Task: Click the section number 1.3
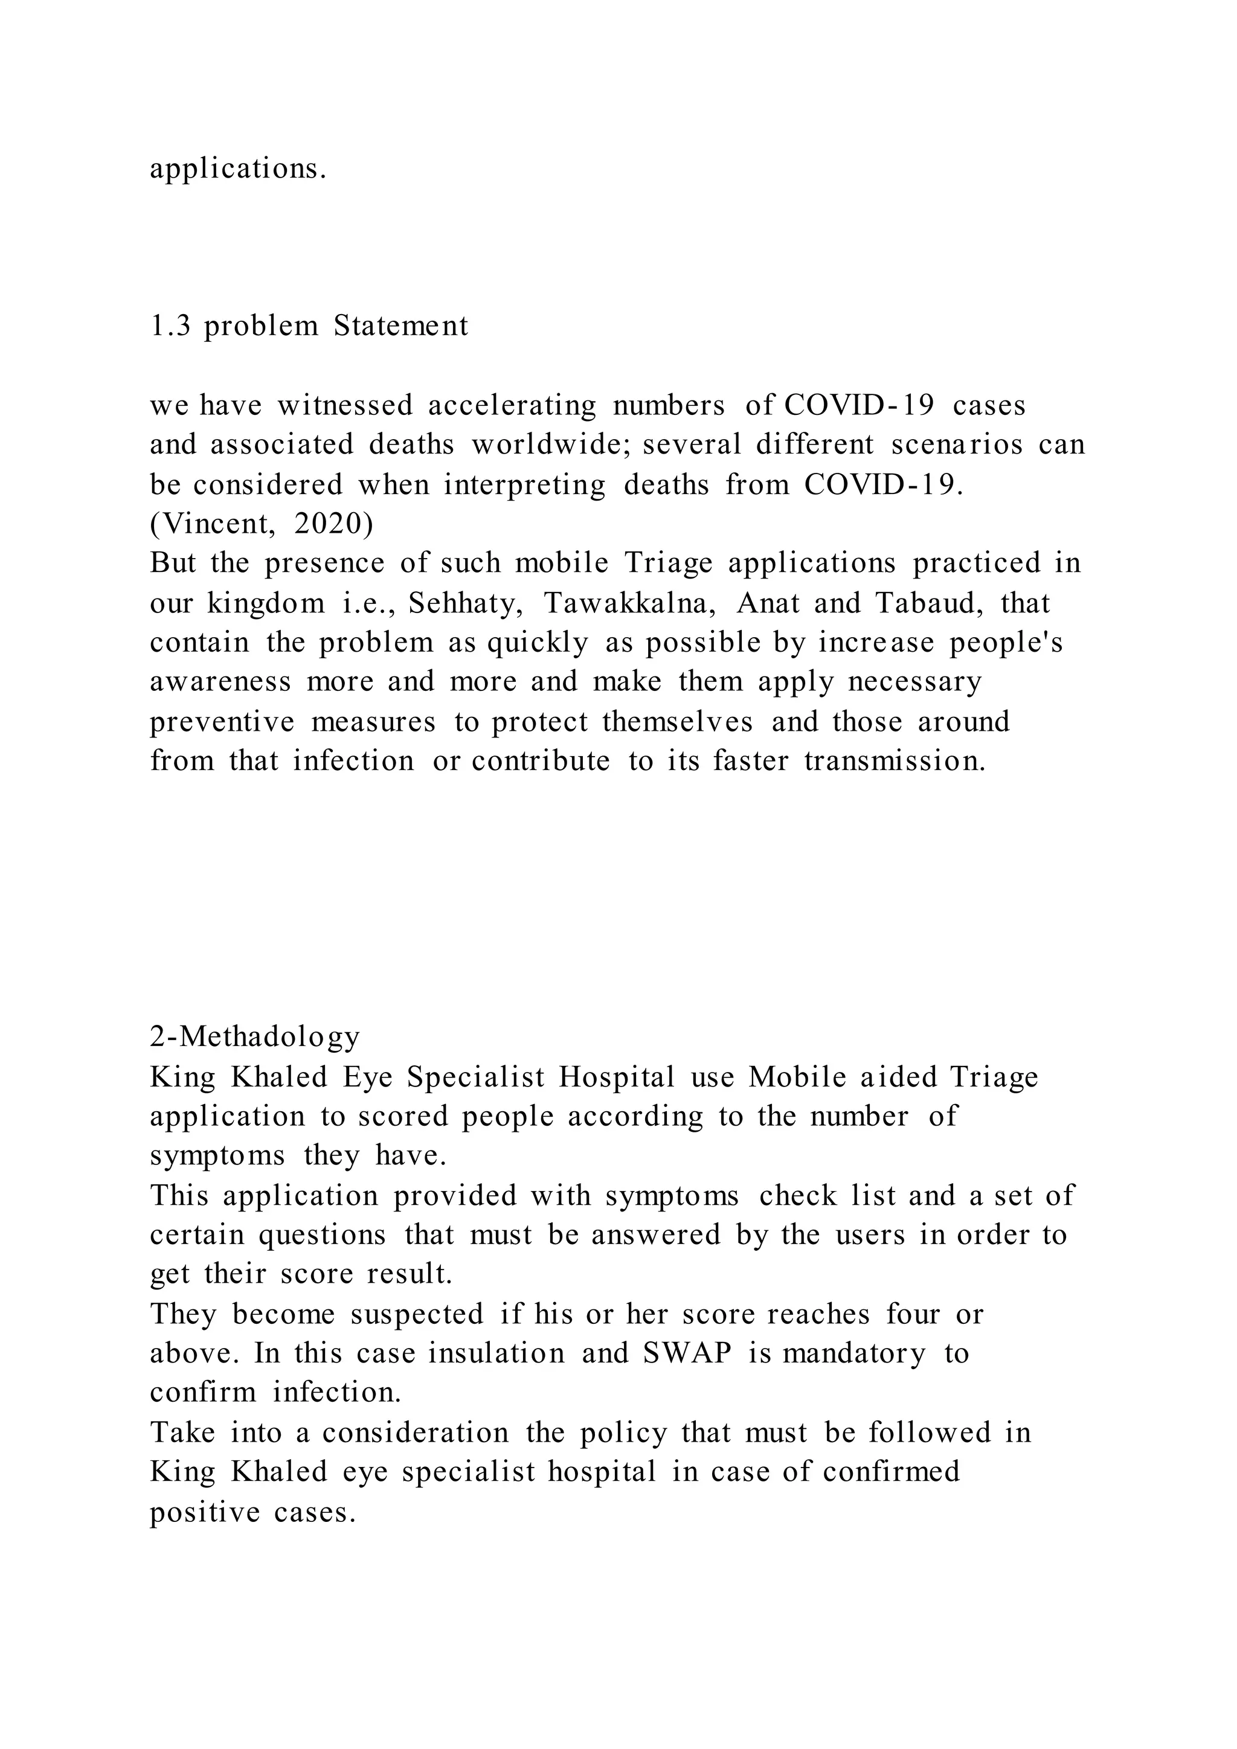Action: point(170,326)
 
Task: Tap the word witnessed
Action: point(344,405)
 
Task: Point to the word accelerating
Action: point(512,405)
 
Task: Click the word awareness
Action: point(220,682)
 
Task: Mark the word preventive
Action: point(222,721)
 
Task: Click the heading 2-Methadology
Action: point(254,1037)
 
